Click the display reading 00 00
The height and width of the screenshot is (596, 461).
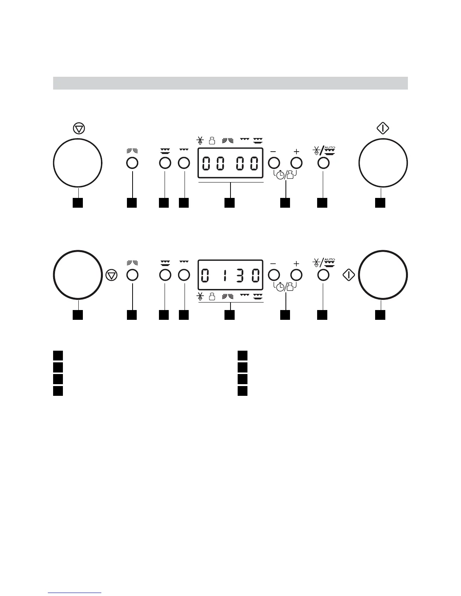tap(230, 163)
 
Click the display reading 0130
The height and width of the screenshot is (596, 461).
tap(230, 275)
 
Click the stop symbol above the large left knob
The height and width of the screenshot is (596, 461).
tap(79, 128)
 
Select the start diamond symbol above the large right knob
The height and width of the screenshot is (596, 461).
tap(383, 128)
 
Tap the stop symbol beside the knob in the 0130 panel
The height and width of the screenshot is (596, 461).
tap(111, 275)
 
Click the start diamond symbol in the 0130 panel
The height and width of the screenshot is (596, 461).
tap(349, 275)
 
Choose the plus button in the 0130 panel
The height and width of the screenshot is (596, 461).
tap(297, 275)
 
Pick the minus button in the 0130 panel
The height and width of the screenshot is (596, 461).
tap(274, 275)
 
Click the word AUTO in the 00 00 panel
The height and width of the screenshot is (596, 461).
tap(330, 147)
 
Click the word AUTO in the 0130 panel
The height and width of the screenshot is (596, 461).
tap(330, 259)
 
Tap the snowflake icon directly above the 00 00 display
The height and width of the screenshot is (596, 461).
tap(200, 141)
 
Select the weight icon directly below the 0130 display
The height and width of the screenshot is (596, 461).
tap(212, 297)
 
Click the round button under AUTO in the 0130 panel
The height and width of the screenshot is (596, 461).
tap(323, 275)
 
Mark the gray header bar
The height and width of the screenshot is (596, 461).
tap(230, 83)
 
